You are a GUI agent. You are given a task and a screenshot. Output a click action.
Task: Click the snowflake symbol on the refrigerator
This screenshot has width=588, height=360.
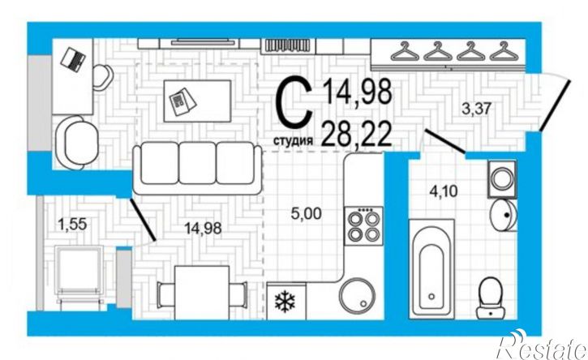(285, 302)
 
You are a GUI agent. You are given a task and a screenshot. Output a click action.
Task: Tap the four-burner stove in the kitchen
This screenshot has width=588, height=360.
(364, 226)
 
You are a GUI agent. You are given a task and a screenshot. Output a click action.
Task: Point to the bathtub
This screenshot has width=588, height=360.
(431, 269)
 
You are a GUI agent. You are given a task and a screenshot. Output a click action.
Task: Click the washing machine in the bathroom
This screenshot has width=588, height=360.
(502, 179)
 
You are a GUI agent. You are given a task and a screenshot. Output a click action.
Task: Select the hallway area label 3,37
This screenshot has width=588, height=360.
(477, 110)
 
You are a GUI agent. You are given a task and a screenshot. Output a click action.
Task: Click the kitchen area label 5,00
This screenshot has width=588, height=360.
(307, 214)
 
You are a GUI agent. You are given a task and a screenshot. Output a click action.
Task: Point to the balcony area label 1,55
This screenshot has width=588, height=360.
(72, 225)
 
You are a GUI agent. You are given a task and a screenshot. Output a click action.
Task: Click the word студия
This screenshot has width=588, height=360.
(293, 141)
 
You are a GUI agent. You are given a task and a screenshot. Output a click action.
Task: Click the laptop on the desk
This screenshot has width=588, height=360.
(74, 59)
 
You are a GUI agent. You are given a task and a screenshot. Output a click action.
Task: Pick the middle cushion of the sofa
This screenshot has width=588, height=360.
(197, 163)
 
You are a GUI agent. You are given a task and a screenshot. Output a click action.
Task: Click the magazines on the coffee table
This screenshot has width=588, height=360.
(182, 101)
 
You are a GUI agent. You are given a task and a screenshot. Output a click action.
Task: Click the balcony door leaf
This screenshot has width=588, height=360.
(143, 220)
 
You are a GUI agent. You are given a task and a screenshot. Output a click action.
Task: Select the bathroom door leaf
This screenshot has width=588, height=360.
(445, 141)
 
